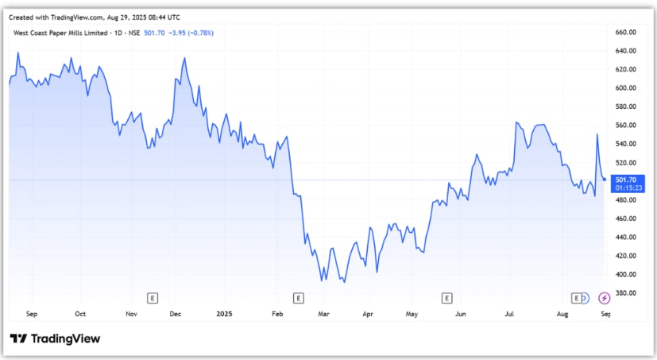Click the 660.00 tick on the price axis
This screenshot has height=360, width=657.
pos(628,32)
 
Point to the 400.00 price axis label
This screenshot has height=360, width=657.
pos(628,274)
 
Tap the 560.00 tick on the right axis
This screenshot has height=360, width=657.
pos(628,126)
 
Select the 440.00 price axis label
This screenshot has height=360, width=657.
pos(628,237)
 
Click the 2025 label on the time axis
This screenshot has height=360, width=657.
pos(225,315)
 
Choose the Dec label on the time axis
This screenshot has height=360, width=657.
pos(176,315)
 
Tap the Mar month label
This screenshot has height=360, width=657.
pos(323,315)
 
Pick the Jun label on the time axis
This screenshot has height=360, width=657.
pos(461,315)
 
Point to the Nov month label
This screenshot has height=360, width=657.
pos(132,315)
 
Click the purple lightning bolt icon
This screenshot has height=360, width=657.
pos(605,298)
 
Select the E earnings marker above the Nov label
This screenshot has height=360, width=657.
pos(153,298)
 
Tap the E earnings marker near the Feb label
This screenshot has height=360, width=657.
pos(299,298)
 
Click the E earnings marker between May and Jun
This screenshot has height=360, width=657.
pos(446,298)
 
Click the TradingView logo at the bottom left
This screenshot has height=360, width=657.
pos(55,339)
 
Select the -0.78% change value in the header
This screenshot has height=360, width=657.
pos(199,33)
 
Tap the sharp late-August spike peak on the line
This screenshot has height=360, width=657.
pos(597,135)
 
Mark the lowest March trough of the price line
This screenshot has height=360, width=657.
pos(343,281)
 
